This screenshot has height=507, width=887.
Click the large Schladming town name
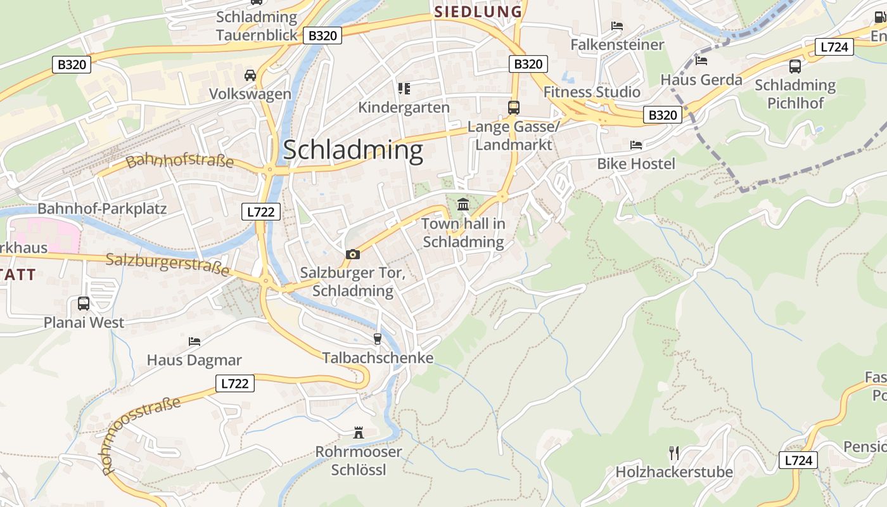click(353, 150)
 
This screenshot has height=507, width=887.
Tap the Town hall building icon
click(463, 205)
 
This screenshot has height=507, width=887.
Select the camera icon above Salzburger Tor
click(353, 254)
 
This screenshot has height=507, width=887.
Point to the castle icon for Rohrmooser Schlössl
click(359, 433)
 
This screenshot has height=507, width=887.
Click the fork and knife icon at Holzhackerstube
click(674, 453)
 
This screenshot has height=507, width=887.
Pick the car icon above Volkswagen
click(250, 75)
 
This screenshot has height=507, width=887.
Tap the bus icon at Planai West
click(84, 304)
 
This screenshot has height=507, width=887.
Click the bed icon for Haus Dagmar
click(195, 342)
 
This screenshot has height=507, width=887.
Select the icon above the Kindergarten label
click(404, 89)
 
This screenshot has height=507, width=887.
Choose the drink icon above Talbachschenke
click(378, 339)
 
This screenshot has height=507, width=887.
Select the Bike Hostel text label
click(636, 164)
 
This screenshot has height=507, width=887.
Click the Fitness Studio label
click(592, 92)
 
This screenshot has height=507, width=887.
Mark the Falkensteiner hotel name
click(617, 45)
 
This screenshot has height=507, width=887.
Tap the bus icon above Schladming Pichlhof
click(794, 67)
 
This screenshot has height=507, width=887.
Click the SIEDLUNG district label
click(478, 11)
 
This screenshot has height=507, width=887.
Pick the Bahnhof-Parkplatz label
click(102, 209)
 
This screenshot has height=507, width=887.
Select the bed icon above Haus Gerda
click(701, 61)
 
